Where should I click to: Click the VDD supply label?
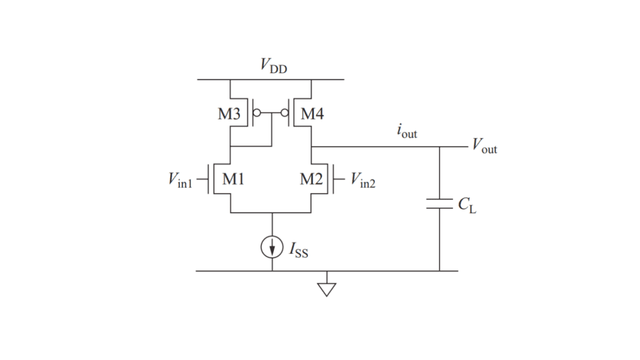pos(274,65)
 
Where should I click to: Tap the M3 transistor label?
pos(229,114)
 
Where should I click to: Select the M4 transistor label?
pos(312,114)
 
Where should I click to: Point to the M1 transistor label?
pos(233,179)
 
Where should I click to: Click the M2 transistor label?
pos(311,179)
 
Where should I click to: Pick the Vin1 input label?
pos(180,180)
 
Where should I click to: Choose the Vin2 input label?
pos(363,180)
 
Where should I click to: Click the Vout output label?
pos(484,146)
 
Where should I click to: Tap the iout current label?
pos(407,131)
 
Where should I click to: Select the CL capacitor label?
pos(467,205)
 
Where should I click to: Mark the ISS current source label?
pos(299,250)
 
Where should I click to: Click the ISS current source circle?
pos(272,247)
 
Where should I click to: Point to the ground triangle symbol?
pos(326,289)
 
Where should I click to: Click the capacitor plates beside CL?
pos(439,204)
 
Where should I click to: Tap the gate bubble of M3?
pos(257,112)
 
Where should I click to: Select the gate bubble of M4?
pos(285,112)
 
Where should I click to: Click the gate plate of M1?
pos(208,179)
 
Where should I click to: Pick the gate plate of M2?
pos(334,179)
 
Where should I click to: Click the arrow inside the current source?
pos(272,247)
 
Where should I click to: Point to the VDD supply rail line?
pos(271,79)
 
